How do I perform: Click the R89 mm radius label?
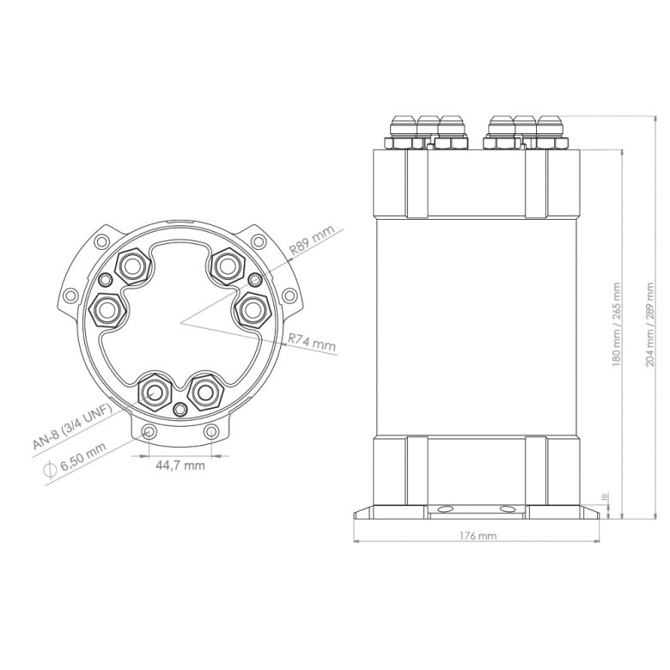coord(310,241)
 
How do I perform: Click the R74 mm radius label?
coord(312,342)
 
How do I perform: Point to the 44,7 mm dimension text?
coord(180,466)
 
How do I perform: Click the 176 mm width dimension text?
coord(478,535)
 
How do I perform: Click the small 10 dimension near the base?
coord(605,496)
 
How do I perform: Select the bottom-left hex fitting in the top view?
coord(155,393)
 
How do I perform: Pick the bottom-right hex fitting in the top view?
coord(204,393)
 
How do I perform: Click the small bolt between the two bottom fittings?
coord(180,408)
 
